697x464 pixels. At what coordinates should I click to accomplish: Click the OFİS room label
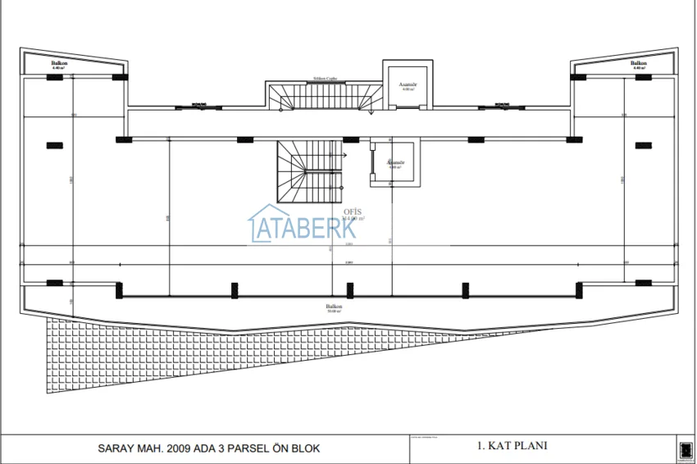tap(353, 211)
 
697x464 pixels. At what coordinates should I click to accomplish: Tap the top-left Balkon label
tap(58, 63)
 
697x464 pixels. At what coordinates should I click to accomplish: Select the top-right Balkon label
tap(638, 63)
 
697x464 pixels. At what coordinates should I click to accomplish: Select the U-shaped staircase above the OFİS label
tap(309, 171)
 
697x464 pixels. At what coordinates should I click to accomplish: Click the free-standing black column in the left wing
tap(55, 145)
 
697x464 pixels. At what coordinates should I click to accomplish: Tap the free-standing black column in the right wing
tap(642, 145)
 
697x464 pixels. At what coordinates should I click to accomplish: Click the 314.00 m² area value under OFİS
tap(353, 218)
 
